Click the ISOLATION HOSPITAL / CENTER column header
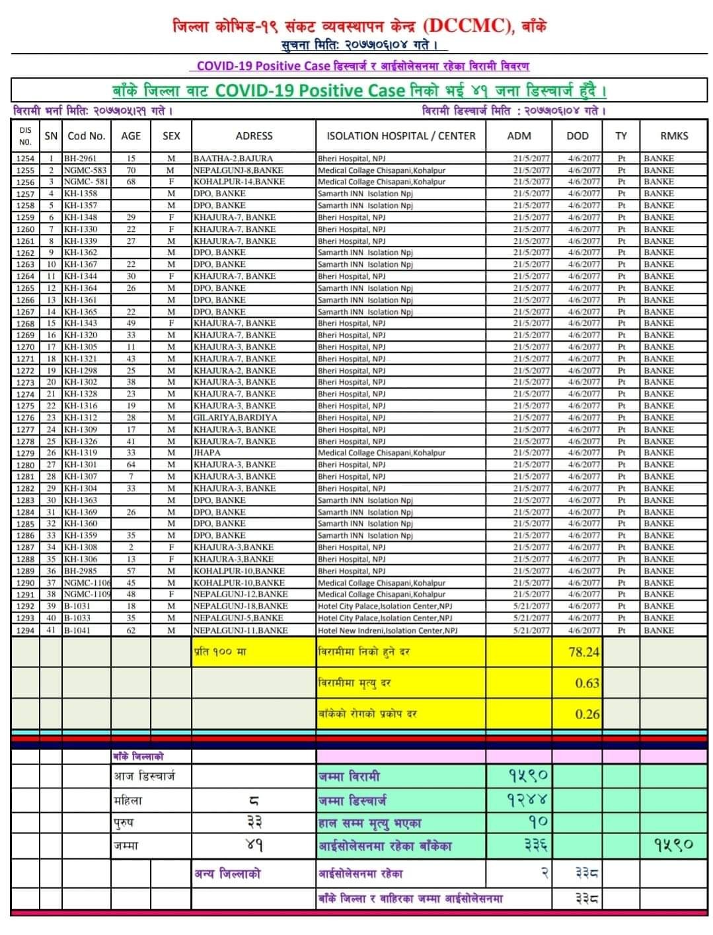(x=400, y=136)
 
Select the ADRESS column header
(x=254, y=136)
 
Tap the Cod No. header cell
(x=87, y=136)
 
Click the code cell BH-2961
(x=81, y=159)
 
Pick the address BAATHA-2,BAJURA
(x=229, y=159)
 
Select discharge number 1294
(x=25, y=630)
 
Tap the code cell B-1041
(x=77, y=630)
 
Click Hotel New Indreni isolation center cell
(x=387, y=630)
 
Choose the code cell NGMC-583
(x=85, y=170)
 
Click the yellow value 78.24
(x=583, y=652)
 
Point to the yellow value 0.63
(x=587, y=683)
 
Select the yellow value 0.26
(x=587, y=714)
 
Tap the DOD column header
(x=577, y=136)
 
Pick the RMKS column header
(x=673, y=136)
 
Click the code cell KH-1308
(x=81, y=547)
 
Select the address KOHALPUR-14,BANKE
(x=239, y=182)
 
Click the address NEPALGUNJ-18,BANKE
(x=241, y=606)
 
